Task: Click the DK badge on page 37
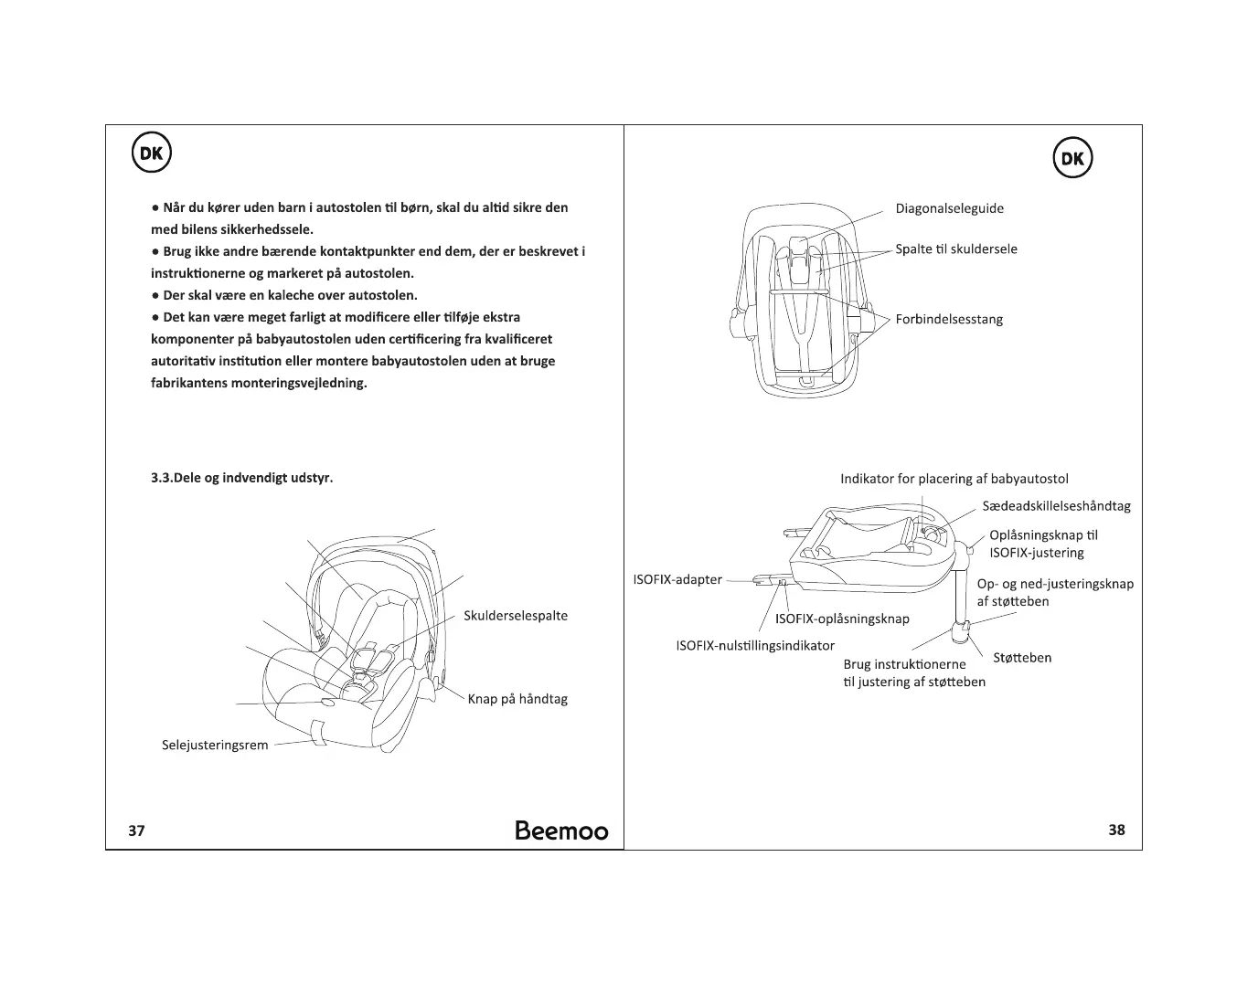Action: (152, 153)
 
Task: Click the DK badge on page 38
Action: (1072, 159)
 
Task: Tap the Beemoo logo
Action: (561, 830)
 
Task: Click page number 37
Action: (136, 830)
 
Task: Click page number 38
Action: (1116, 830)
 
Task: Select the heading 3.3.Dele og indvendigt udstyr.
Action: (241, 478)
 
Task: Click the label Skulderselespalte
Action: (516, 616)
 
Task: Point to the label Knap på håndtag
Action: (517, 699)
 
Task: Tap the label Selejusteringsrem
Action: (215, 745)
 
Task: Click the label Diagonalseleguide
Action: (949, 208)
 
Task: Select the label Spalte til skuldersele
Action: (955, 249)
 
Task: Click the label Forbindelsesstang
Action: (949, 320)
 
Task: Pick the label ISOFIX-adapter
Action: (677, 579)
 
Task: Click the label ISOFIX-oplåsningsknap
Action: (842, 619)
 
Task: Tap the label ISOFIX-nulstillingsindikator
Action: (755, 646)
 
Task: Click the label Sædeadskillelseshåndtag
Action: (1056, 506)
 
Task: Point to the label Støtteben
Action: (1022, 658)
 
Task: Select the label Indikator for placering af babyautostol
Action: (954, 479)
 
